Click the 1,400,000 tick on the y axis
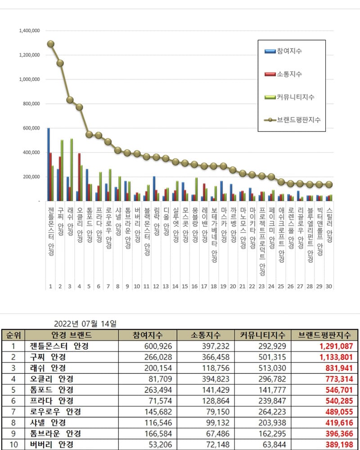(29, 31)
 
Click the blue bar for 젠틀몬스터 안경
(49, 164)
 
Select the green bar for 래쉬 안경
(72, 170)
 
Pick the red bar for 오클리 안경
(79, 177)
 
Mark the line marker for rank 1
(51, 44)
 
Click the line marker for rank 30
(328, 184)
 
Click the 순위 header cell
(13, 335)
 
